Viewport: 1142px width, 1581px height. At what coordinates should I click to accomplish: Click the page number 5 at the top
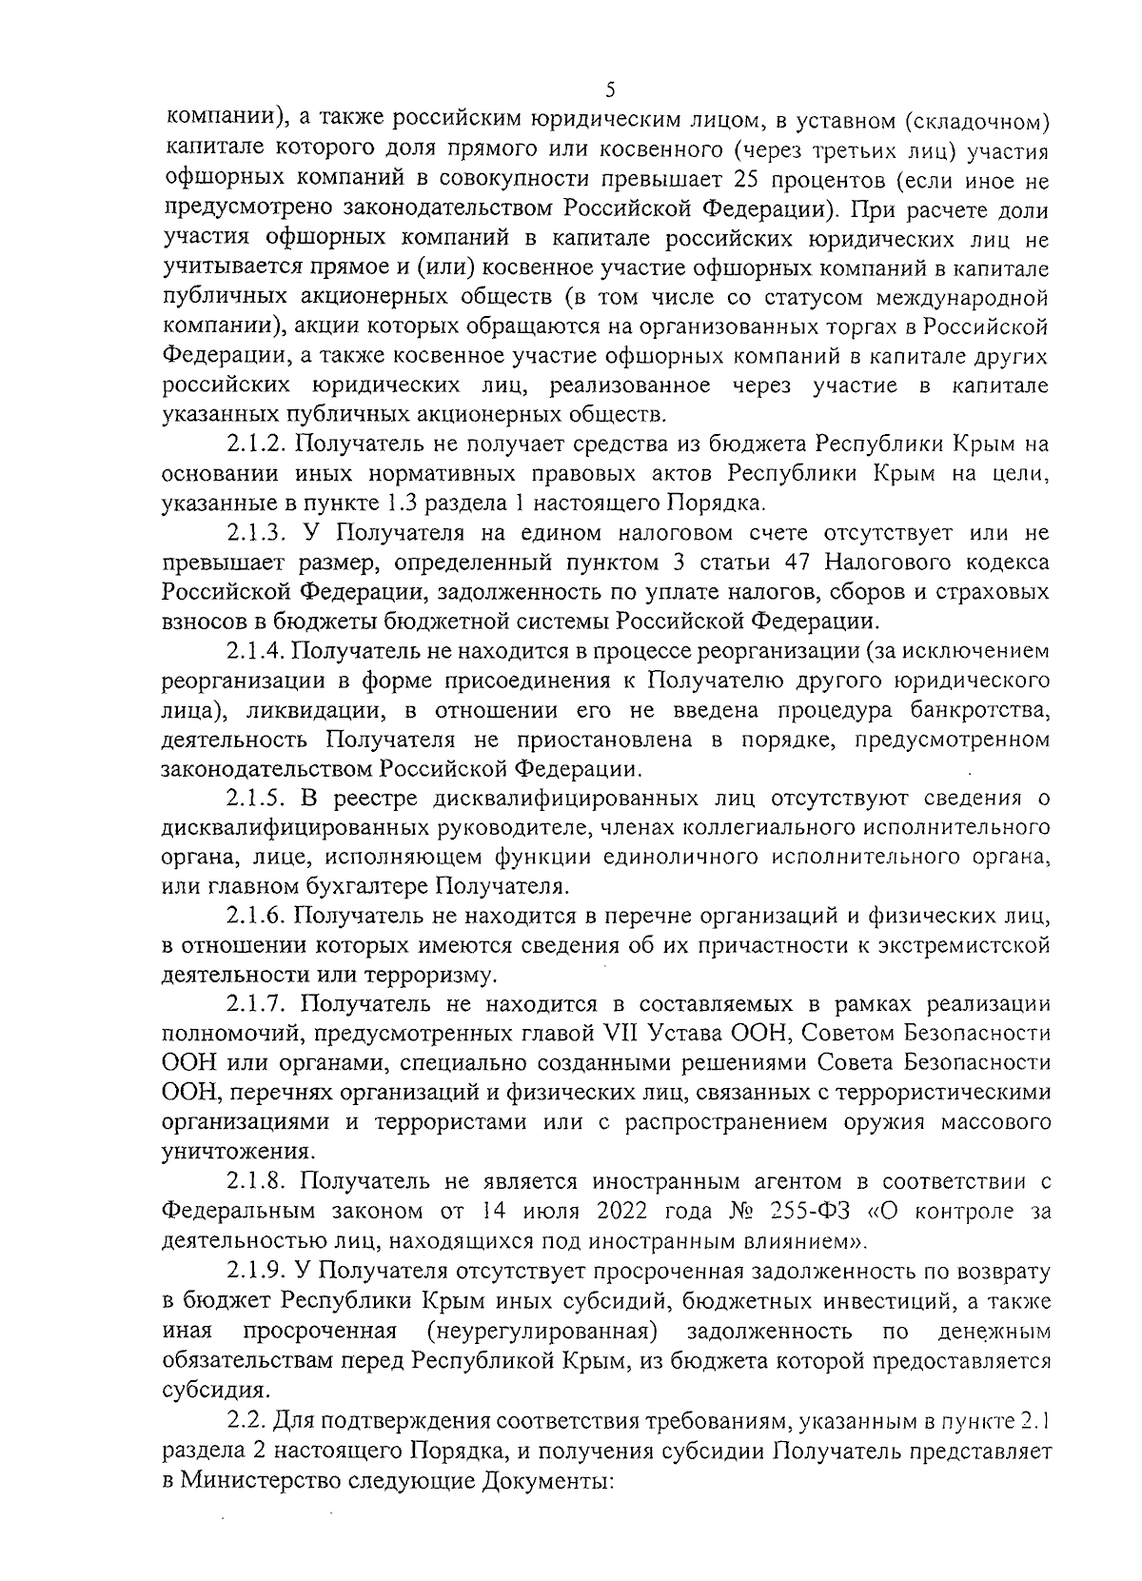point(610,89)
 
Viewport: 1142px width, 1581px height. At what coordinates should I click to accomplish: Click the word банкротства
point(979,709)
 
